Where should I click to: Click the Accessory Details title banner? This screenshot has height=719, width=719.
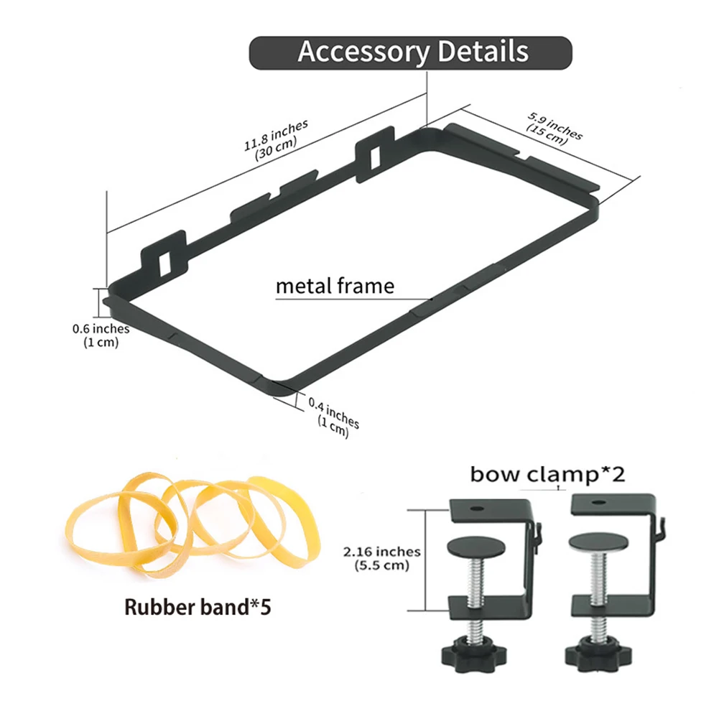click(410, 52)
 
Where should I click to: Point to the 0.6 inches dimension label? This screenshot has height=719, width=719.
click(101, 335)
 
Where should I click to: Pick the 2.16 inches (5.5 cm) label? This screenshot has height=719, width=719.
click(381, 558)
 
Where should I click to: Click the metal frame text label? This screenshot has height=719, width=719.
click(335, 287)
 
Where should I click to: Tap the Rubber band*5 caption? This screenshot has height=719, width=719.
click(198, 607)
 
